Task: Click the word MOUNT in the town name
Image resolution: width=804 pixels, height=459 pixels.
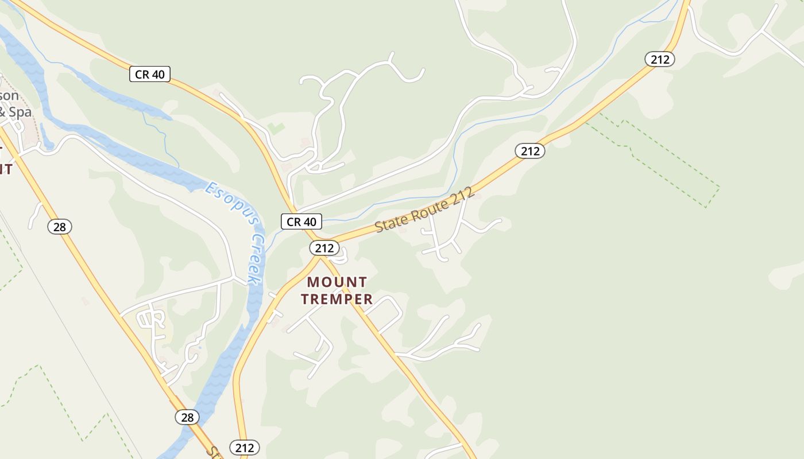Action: [337, 282]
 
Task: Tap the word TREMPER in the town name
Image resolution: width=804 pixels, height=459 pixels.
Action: [337, 299]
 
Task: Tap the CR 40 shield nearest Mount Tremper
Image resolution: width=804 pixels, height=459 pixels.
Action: [301, 221]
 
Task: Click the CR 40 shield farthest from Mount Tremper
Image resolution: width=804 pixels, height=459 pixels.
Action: [149, 74]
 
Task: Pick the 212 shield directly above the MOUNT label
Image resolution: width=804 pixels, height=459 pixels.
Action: [324, 248]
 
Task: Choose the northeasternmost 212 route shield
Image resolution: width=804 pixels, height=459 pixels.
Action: [659, 59]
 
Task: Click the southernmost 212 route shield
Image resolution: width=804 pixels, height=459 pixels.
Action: [245, 448]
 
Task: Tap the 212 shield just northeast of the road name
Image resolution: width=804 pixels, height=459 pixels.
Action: [529, 151]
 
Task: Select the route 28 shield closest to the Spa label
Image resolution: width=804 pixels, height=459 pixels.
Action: [59, 227]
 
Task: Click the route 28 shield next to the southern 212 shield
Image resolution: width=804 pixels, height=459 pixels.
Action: [187, 417]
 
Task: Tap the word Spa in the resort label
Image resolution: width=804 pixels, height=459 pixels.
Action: [20, 111]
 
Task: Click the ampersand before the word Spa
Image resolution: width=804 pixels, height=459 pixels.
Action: [2, 111]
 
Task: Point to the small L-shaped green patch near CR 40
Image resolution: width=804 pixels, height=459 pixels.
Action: [276, 127]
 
